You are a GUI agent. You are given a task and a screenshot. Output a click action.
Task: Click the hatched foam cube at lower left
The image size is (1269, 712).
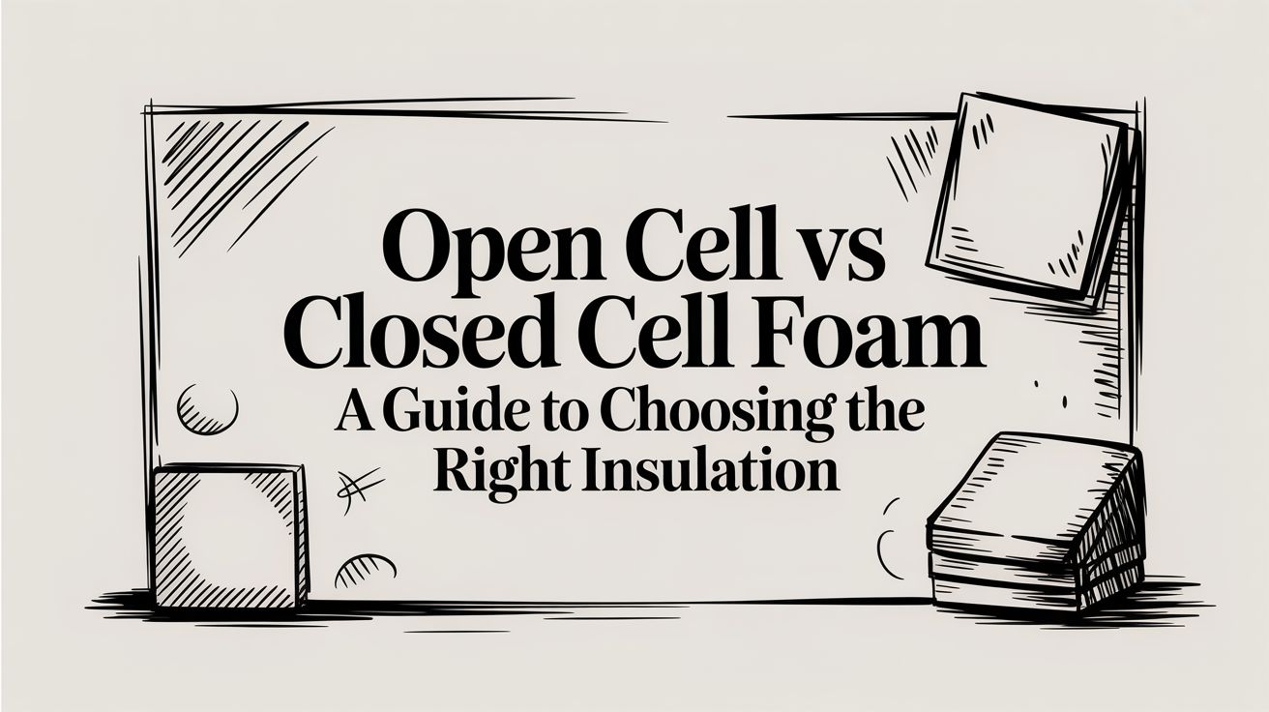(x=229, y=537)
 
